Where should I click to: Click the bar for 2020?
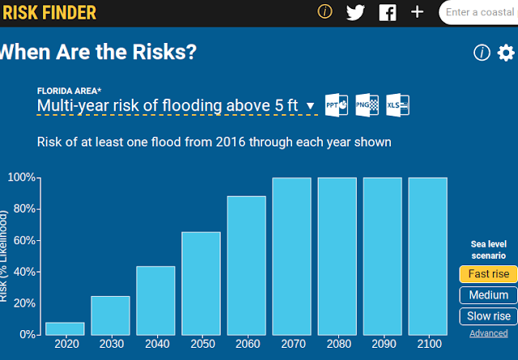pyautogui.click(x=65, y=328)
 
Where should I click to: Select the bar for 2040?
pyautogui.click(x=155, y=301)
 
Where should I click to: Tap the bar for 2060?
pyautogui.click(x=246, y=265)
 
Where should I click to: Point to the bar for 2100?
pyautogui.click(x=428, y=256)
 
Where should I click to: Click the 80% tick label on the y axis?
pyautogui.click(x=24, y=209)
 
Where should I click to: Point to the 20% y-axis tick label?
pyautogui.click(x=24, y=303)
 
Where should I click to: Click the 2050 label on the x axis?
pyautogui.click(x=202, y=344)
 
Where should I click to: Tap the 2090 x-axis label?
pyautogui.click(x=384, y=344)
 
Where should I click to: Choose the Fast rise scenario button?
pyautogui.click(x=489, y=274)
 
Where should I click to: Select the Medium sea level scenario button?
pyautogui.click(x=489, y=295)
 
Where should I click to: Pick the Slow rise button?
pyautogui.click(x=489, y=316)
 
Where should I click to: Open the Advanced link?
pyautogui.click(x=489, y=333)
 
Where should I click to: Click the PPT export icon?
pyautogui.click(x=337, y=105)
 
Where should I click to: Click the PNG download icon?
pyautogui.click(x=367, y=105)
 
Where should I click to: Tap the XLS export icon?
pyautogui.click(x=397, y=105)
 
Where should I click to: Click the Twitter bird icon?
pyautogui.click(x=355, y=13)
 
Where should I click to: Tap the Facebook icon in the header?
pyautogui.click(x=388, y=13)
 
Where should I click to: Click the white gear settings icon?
pyautogui.click(x=506, y=53)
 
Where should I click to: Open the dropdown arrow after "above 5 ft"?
pyautogui.click(x=310, y=106)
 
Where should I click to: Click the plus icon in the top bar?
pyautogui.click(x=418, y=12)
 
